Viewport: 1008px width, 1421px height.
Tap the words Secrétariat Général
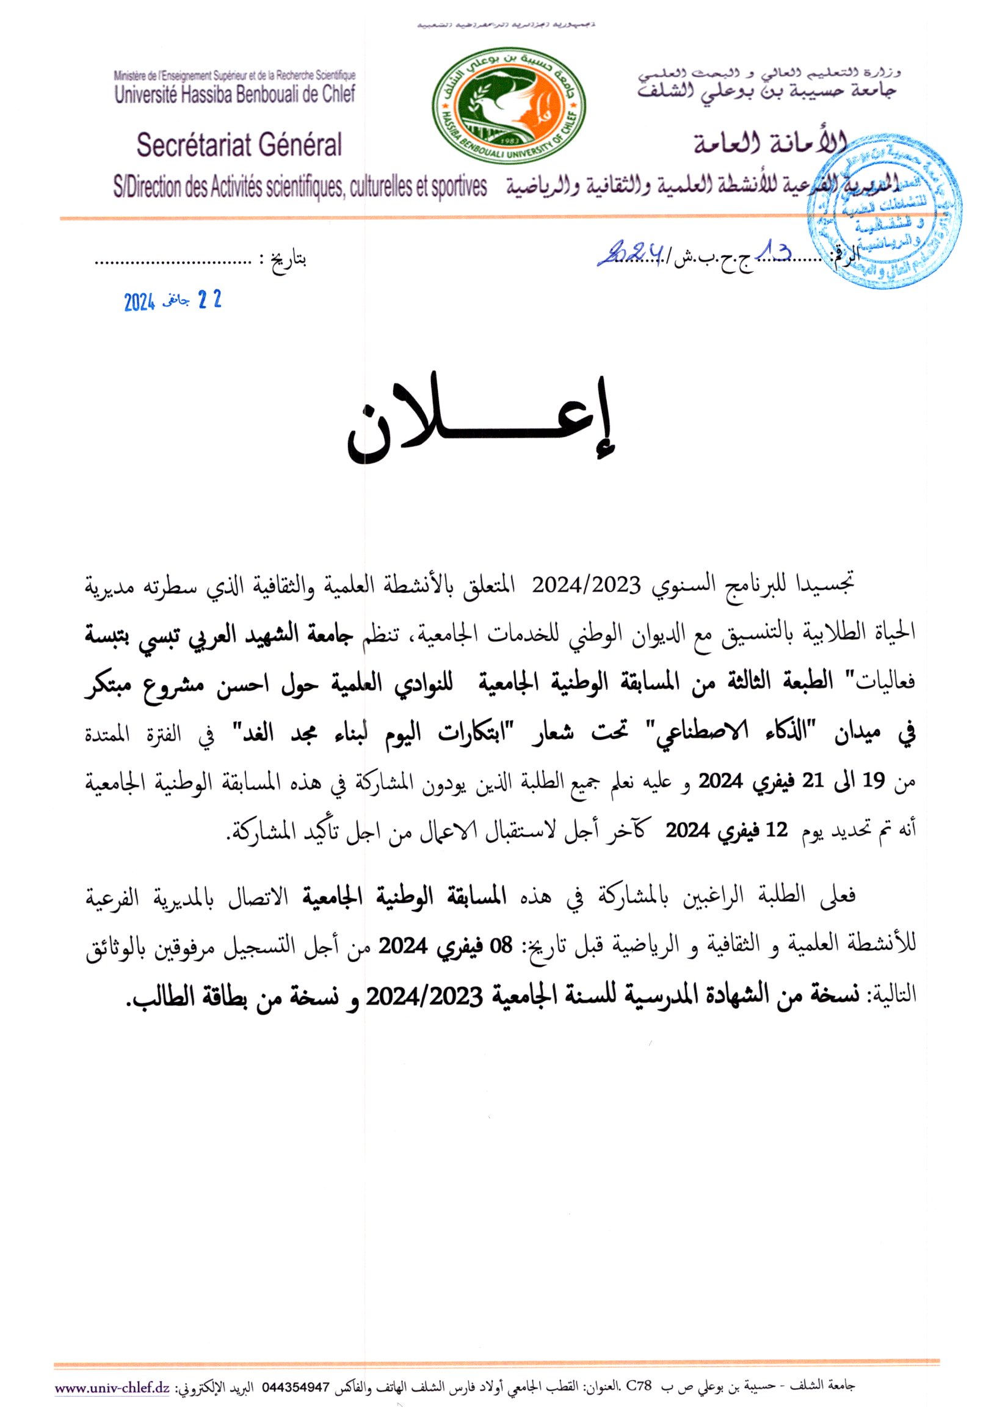tap(239, 145)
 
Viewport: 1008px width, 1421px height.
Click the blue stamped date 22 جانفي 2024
tap(173, 302)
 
